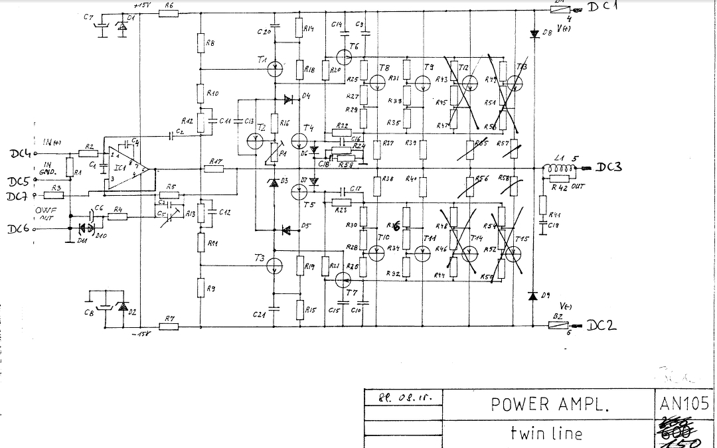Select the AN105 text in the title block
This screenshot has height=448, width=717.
click(x=684, y=403)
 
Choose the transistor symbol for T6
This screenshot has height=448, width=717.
click(x=345, y=55)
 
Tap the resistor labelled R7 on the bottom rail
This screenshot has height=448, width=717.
click(x=170, y=327)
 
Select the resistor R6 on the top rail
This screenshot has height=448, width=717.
click(x=169, y=11)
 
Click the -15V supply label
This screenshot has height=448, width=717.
click(x=141, y=333)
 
